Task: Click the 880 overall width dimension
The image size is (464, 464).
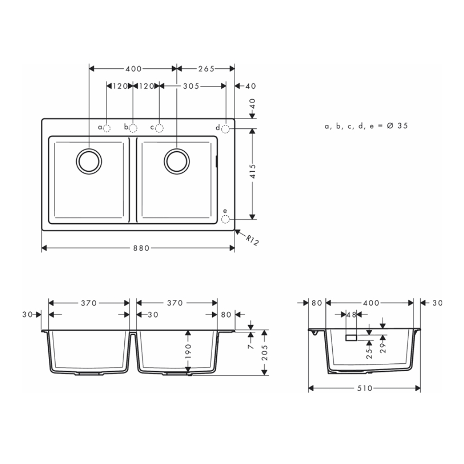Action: (x=138, y=248)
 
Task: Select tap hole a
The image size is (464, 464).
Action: (x=107, y=128)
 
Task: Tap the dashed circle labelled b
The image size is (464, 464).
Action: (x=133, y=128)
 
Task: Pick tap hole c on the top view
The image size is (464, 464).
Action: (x=159, y=128)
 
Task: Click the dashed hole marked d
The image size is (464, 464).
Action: (x=226, y=129)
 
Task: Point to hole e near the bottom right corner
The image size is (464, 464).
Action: (x=226, y=219)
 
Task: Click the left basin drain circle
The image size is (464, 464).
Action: (x=88, y=161)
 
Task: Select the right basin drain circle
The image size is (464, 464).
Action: (x=177, y=161)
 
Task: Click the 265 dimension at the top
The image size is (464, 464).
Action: (x=206, y=69)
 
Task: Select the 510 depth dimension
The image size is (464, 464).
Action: (x=365, y=388)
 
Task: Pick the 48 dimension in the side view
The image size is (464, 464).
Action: (x=351, y=315)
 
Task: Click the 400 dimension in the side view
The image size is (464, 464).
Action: (x=371, y=303)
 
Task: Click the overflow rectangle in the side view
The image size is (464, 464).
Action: (x=351, y=337)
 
